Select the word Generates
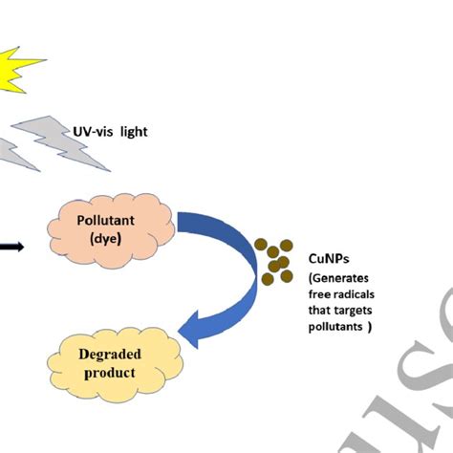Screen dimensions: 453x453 point(343,277)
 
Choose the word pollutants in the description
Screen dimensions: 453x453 point(336,327)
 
